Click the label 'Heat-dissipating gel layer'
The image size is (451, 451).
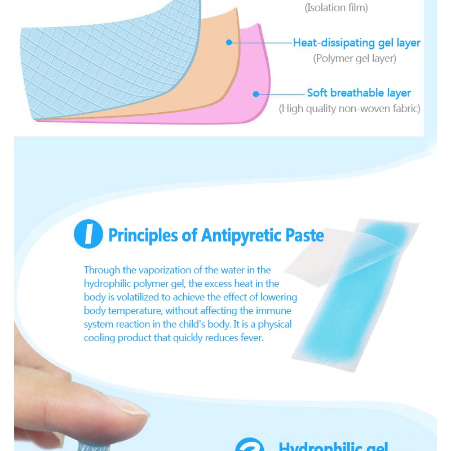[356, 43]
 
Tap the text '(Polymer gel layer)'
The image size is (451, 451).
[355, 59]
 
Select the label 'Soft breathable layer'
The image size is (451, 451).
[359, 93]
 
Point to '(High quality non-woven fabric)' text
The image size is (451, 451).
[350, 109]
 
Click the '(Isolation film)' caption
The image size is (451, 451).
[336, 8]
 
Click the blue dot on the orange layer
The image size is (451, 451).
[229, 42]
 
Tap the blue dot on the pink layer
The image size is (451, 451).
[255, 94]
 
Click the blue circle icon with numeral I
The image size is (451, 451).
[89, 235]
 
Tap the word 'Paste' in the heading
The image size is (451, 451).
[304, 235]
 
